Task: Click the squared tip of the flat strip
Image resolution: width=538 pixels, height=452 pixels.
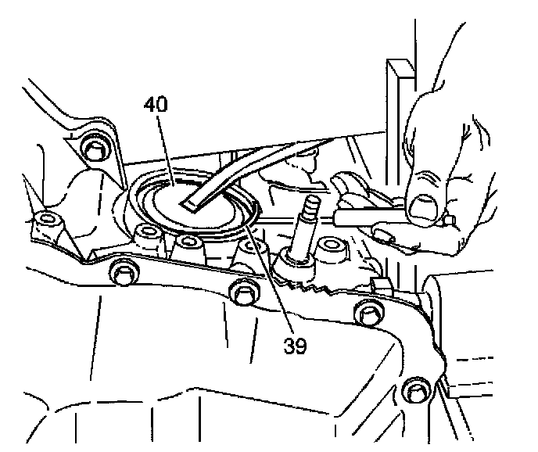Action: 189,206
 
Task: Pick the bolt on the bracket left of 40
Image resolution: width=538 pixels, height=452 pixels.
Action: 95,148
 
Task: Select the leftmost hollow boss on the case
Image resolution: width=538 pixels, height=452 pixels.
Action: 46,221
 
